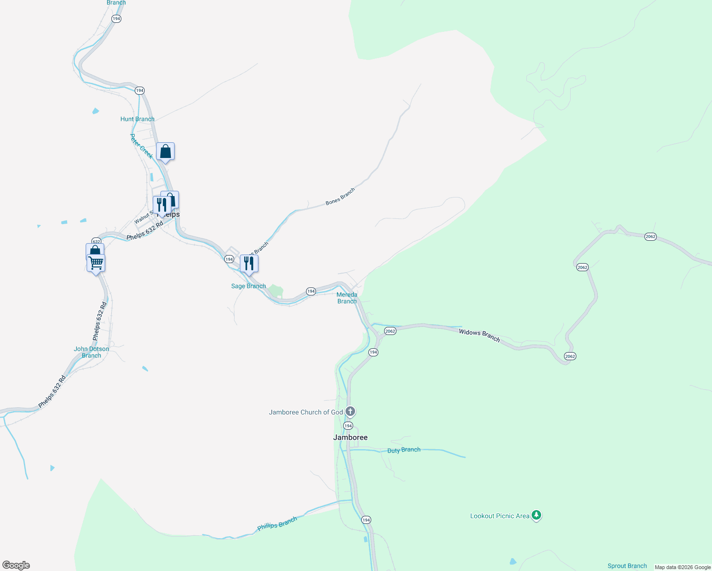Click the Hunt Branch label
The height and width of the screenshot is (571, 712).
tap(137, 119)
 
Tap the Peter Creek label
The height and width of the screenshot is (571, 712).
tap(141, 146)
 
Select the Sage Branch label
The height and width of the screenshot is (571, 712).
tap(248, 286)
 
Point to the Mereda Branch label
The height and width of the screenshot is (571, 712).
tap(347, 298)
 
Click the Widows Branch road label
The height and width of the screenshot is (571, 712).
tap(479, 335)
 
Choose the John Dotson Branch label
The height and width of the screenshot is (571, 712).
tap(91, 352)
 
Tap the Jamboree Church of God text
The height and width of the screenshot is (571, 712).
tap(306, 412)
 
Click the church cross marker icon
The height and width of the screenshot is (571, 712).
tap(350, 411)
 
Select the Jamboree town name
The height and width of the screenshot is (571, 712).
tap(350, 437)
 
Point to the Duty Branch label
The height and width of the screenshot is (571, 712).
tap(404, 450)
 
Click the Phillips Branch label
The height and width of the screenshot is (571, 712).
tap(277, 523)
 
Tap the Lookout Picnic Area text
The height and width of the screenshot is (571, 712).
tap(499, 516)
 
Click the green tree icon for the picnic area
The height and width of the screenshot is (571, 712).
tap(536, 515)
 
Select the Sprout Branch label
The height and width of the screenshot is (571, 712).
tap(627, 566)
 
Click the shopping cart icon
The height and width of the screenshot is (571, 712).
tap(96, 262)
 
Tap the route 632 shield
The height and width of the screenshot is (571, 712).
tap(96, 241)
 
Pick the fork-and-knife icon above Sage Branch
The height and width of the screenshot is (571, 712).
tap(249, 263)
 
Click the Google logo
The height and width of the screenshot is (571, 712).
tap(16, 565)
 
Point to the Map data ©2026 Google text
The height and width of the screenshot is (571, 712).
tap(682, 567)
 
